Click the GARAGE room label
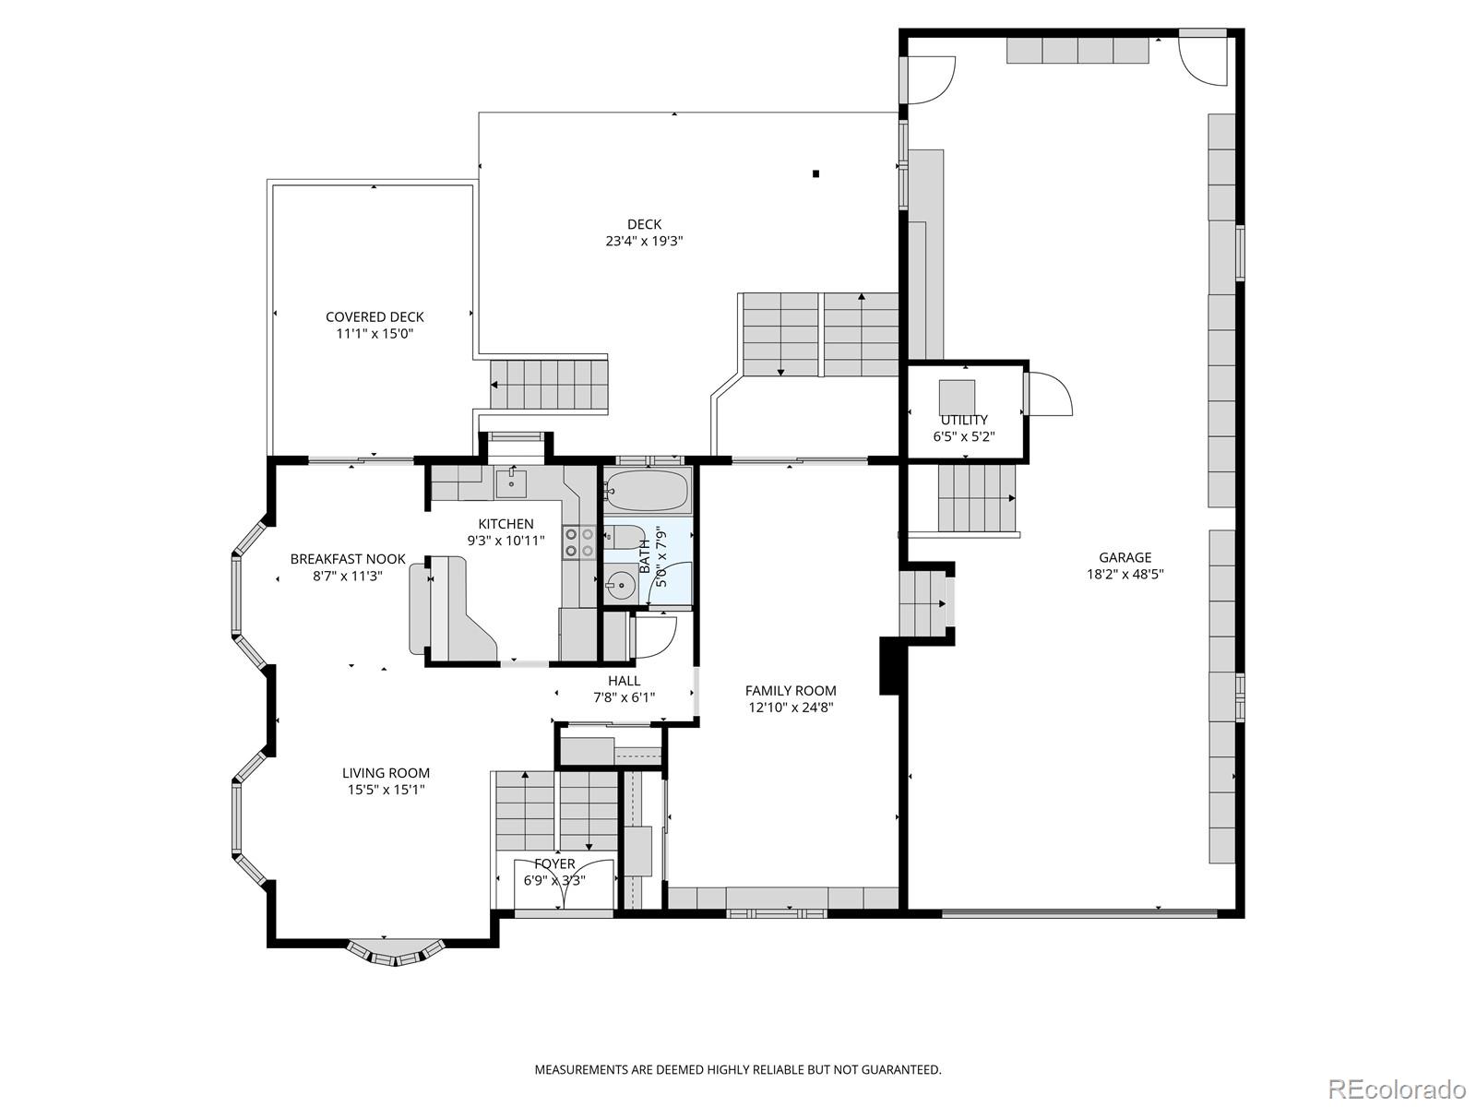(1125, 557)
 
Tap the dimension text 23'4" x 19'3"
(644, 242)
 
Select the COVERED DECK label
(375, 316)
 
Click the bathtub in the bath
(647, 490)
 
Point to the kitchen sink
(510, 481)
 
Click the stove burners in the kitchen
(578, 542)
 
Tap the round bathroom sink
(620, 584)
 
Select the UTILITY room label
(964, 420)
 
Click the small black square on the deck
(815, 173)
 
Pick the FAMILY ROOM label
(791, 690)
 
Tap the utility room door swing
(1048, 395)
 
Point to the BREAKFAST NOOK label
(348, 559)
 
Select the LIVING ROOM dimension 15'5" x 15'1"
(386, 790)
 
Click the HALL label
(624, 681)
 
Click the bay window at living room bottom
(395, 951)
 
